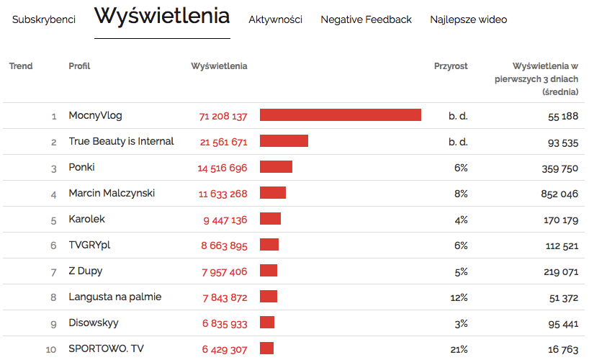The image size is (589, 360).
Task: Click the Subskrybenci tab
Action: [44, 19]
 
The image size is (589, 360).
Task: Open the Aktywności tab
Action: [275, 19]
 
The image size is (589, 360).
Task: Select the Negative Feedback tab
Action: [366, 19]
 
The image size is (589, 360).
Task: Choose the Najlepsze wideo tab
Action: [468, 19]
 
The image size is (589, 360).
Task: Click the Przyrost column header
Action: [451, 66]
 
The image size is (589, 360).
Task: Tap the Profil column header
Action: [79, 66]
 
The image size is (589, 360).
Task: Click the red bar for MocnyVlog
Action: [340, 115]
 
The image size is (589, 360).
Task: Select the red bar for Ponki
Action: [276, 167]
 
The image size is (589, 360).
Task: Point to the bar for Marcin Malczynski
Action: [273, 193]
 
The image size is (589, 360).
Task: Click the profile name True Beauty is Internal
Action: [121, 141]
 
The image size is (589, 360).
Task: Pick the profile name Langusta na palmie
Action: [114, 297]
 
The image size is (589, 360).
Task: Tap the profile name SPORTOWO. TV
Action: [106, 348]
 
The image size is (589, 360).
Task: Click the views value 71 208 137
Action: [223, 116]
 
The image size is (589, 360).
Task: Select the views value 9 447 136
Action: [225, 220]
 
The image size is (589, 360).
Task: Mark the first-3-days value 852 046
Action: [559, 194]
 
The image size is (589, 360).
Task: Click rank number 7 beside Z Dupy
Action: [53, 271]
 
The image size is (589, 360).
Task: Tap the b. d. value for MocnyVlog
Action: [458, 116]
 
